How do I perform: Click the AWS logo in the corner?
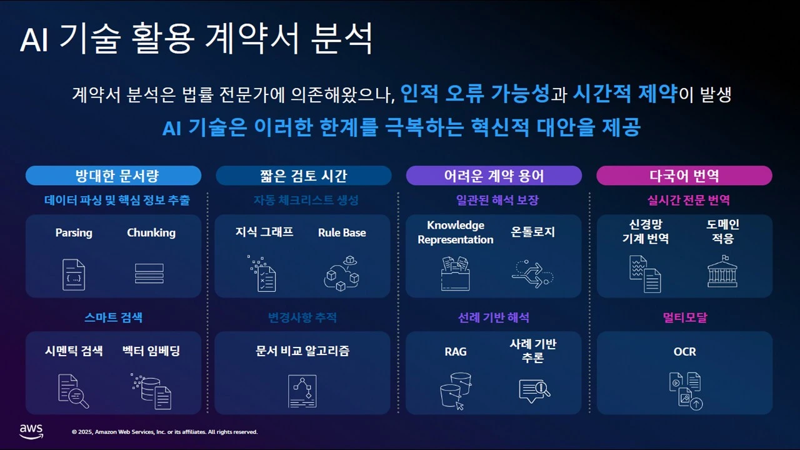pos(31,431)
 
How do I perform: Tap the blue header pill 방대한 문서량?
pos(113,176)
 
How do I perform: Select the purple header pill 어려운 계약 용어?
pos(494,176)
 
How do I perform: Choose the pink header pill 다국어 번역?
pos(684,176)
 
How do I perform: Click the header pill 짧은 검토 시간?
pos(304,176)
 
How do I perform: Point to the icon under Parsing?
pos(74,274)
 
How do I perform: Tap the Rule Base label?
pos(342,232)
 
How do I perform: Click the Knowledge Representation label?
pos(456,232)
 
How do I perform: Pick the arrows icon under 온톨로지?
pos(532,273)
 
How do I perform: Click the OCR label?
pos(684,352)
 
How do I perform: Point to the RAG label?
pos(456,352)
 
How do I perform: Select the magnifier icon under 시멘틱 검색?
pos(73,391)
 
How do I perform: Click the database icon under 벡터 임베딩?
pos(151,391)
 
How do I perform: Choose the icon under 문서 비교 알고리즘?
pos(302,391)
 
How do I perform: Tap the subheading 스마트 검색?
pos(113,317)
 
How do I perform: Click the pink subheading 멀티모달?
pos(684,317)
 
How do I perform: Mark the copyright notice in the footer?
pos(164,432)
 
